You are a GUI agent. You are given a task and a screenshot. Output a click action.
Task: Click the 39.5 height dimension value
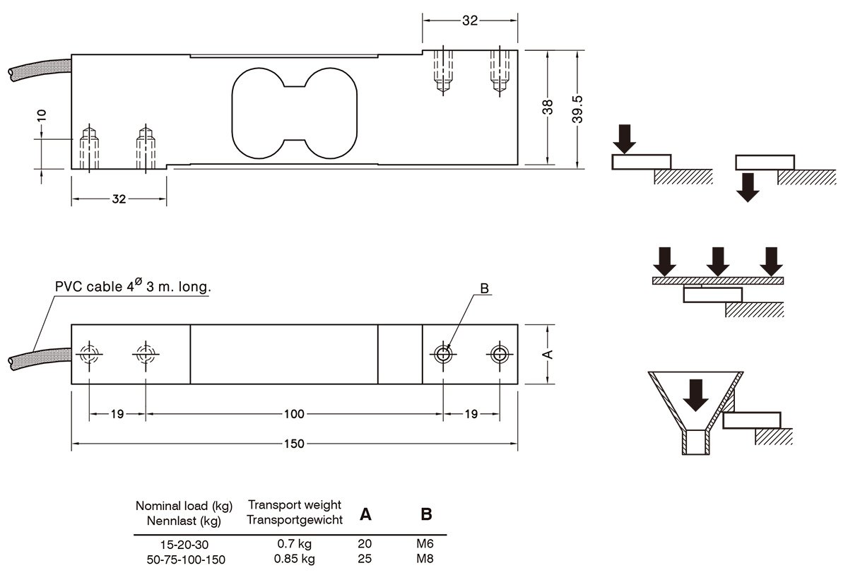click(577, 110)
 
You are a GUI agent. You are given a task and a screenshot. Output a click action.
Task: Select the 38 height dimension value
click(548, 107)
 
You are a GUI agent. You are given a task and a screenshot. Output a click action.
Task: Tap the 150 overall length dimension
click(294, 444)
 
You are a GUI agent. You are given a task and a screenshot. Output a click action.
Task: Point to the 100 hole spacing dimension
click(294, 414)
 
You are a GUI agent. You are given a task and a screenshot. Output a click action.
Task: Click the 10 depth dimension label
click(41, 115)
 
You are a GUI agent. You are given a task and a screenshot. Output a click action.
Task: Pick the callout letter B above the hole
click(484, 288)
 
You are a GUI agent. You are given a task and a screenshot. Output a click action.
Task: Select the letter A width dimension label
click(548, 354)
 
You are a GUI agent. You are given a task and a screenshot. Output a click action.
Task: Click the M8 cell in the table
click(425, 558)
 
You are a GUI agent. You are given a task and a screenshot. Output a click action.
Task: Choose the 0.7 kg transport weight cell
click(294, 544)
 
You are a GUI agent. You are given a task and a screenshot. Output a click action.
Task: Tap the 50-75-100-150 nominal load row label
click(186, 560)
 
